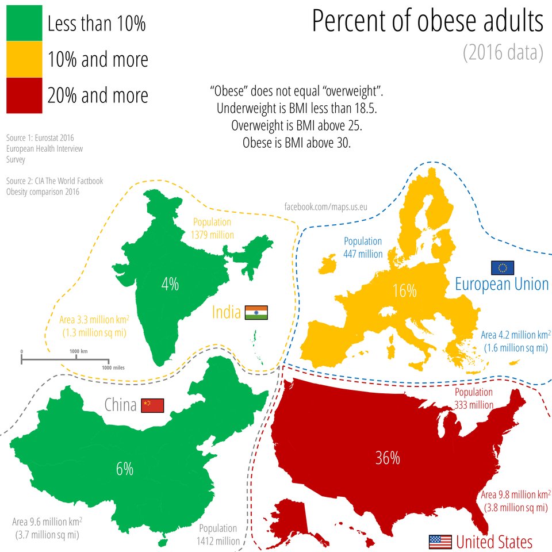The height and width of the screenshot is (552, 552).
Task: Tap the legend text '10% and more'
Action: tap(98, 60)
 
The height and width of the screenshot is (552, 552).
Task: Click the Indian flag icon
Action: tap(256, 313)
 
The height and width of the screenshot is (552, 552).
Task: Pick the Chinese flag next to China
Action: tap(153, 405)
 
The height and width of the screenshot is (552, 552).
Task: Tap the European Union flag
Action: tap(503, 267)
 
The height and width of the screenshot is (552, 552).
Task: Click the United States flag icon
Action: tap(440, 542)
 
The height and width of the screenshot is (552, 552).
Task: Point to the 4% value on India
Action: tap(170, 284)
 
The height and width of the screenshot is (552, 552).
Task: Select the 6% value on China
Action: tap(124, 469)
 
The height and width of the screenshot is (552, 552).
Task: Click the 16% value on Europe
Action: tap(404, 291)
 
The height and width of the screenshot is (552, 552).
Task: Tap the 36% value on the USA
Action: tap(387, 458)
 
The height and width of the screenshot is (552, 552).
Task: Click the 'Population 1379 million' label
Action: tap(212, 228)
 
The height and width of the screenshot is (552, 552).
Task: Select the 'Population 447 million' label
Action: tap(363, 247)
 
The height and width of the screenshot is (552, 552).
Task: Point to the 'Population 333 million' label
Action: tap(474, 398)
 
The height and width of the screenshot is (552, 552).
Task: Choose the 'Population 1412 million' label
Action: tap(218, 534)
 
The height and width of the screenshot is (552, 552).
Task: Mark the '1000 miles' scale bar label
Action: tap(113, 367)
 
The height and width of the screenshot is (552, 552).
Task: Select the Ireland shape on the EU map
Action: tap(327, 264)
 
